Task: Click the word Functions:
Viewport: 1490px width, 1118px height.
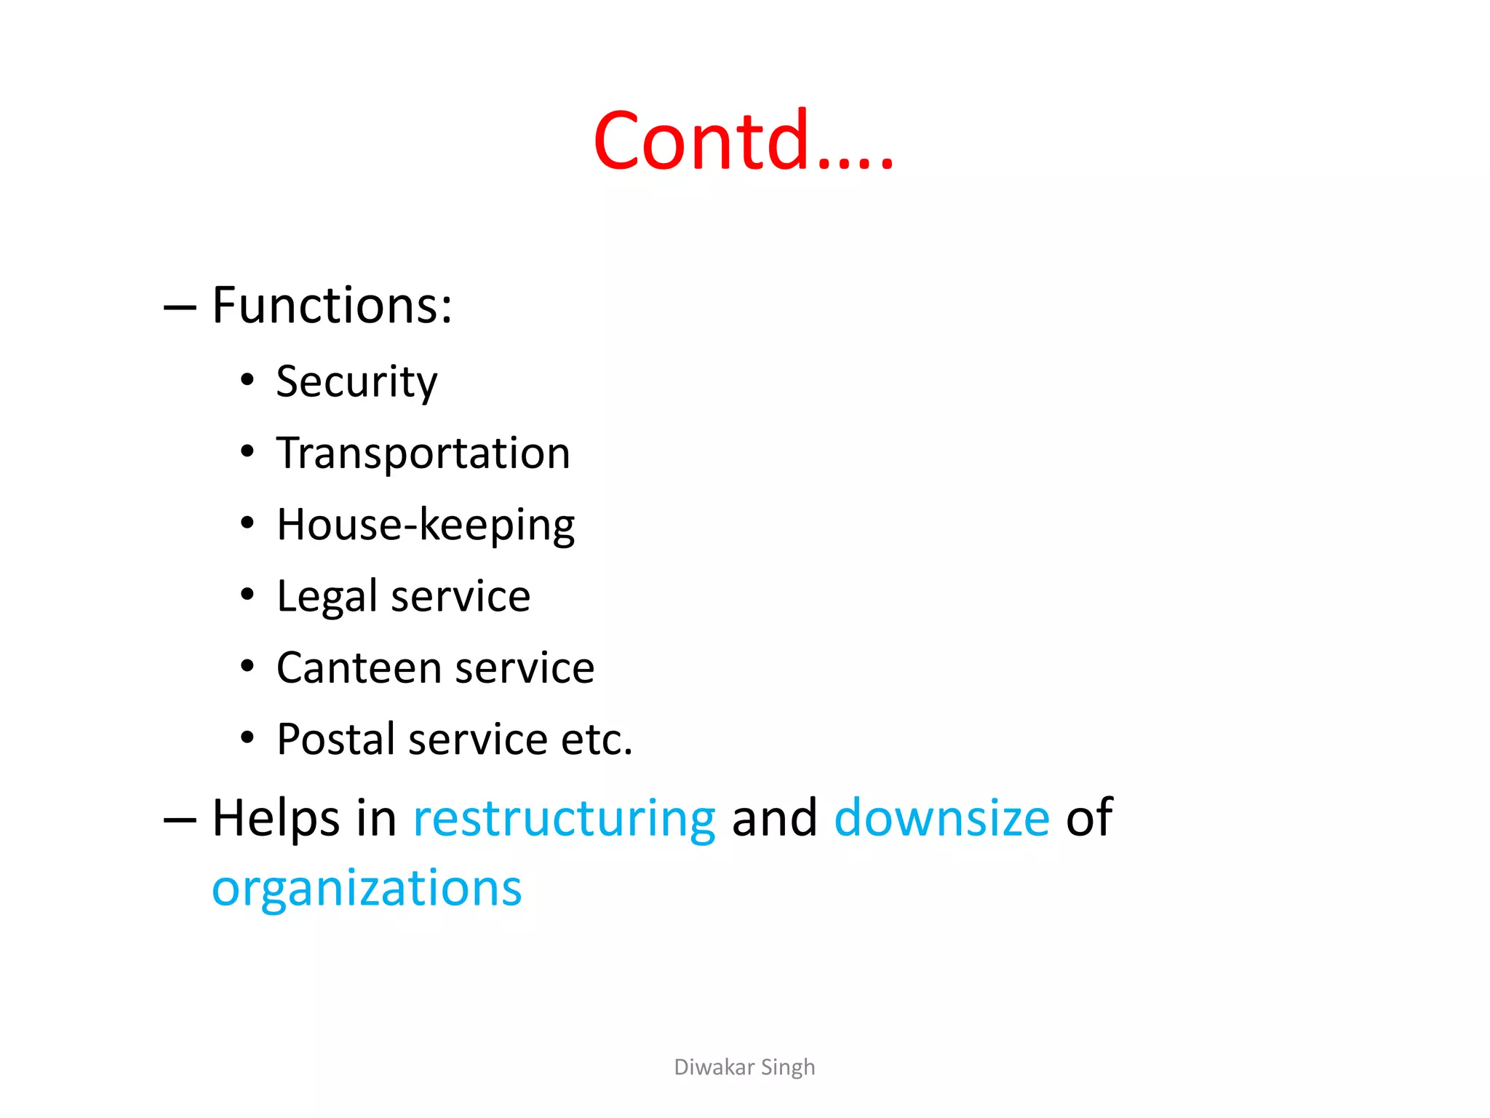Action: point(332,305)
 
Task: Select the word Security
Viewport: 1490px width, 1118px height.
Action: point(356,381)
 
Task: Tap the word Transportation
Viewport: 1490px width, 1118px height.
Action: point(423,453)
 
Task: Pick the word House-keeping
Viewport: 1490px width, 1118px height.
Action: point(426,525)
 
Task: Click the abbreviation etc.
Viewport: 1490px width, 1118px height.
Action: point(597,740)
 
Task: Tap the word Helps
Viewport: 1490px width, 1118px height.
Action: point(276,817)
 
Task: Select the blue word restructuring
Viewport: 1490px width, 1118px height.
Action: point(564,819)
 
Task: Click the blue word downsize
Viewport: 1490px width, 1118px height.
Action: point(941,817)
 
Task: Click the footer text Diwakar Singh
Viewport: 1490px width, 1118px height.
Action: point(744,1067)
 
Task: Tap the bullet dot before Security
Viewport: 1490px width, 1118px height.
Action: point(247,380)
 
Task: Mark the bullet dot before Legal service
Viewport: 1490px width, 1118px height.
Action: point(247,595)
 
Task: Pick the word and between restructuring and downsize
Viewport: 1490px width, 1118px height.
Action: point(774,817)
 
